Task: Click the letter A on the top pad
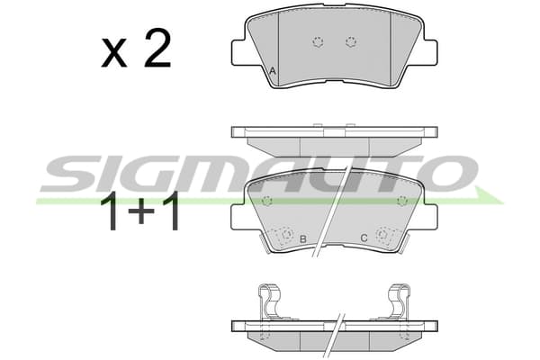[273, 71]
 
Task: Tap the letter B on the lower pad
[303, 238]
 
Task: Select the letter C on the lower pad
[364, 238]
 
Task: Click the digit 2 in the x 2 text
[157, 48]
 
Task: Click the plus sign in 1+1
[141, 211]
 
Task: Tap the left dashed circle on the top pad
[318, 42]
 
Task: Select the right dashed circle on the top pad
[351, 42]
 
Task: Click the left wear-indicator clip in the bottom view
[269, 301]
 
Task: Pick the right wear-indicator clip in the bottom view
[400, 301]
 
